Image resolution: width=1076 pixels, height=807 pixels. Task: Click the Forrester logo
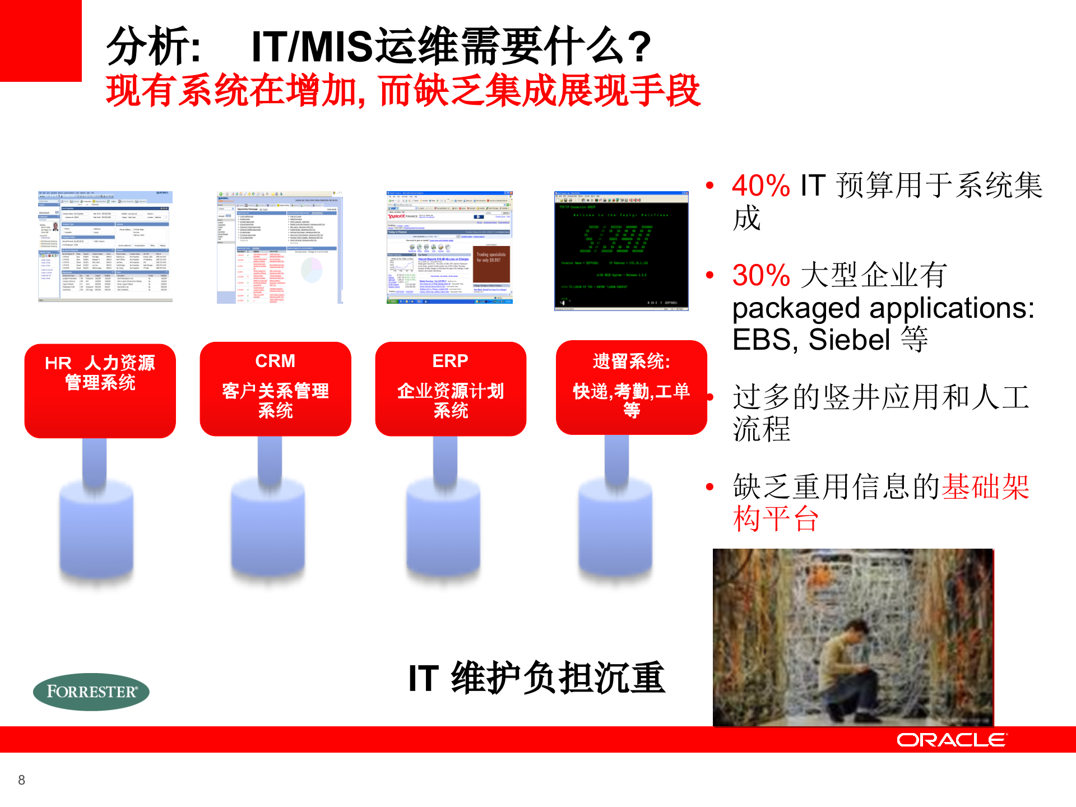click(91, 692)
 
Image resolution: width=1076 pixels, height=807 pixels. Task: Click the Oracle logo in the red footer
click(952, 740)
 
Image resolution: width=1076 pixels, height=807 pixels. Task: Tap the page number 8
click(21, 780)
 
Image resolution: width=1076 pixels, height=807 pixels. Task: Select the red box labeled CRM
click(275, 388)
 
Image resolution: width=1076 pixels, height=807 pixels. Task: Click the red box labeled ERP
click(451, 388)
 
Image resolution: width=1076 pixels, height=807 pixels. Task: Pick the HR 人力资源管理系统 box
click(100, 391)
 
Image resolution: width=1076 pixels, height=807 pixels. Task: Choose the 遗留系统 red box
click(631, 387)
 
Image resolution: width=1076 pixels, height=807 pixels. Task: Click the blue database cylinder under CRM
click(268, 527)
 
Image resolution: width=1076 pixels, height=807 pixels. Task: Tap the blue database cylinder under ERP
click(443, 527)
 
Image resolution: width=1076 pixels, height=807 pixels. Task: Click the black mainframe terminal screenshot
click(621, 251)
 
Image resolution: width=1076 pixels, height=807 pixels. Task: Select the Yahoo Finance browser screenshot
click(449, 247)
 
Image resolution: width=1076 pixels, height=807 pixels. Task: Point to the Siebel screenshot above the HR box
click(105, 247)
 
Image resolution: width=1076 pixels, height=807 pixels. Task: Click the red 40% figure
click(760, 185)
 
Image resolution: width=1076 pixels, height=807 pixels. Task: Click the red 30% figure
click(760, 275)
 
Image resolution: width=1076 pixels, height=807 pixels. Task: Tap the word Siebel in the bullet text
click(849, 340)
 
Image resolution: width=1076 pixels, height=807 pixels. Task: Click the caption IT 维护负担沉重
click(536, 678)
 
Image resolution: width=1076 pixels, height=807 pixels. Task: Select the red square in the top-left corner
click(40, 40)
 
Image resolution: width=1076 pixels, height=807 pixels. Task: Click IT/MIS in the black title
click(312, 47)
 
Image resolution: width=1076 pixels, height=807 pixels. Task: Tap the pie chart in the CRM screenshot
click(312, 271)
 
